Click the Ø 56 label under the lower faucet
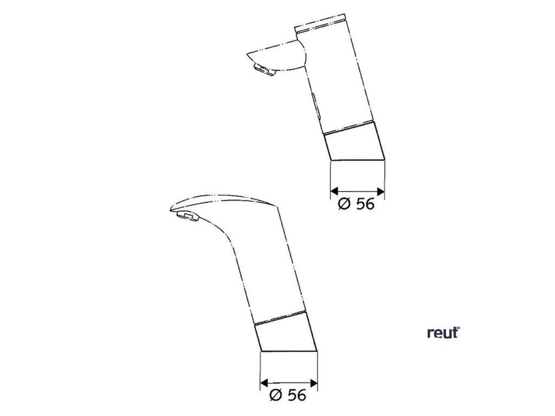(288, 395)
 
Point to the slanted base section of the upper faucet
(354, 142)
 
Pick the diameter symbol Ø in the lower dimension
(274, 395)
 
